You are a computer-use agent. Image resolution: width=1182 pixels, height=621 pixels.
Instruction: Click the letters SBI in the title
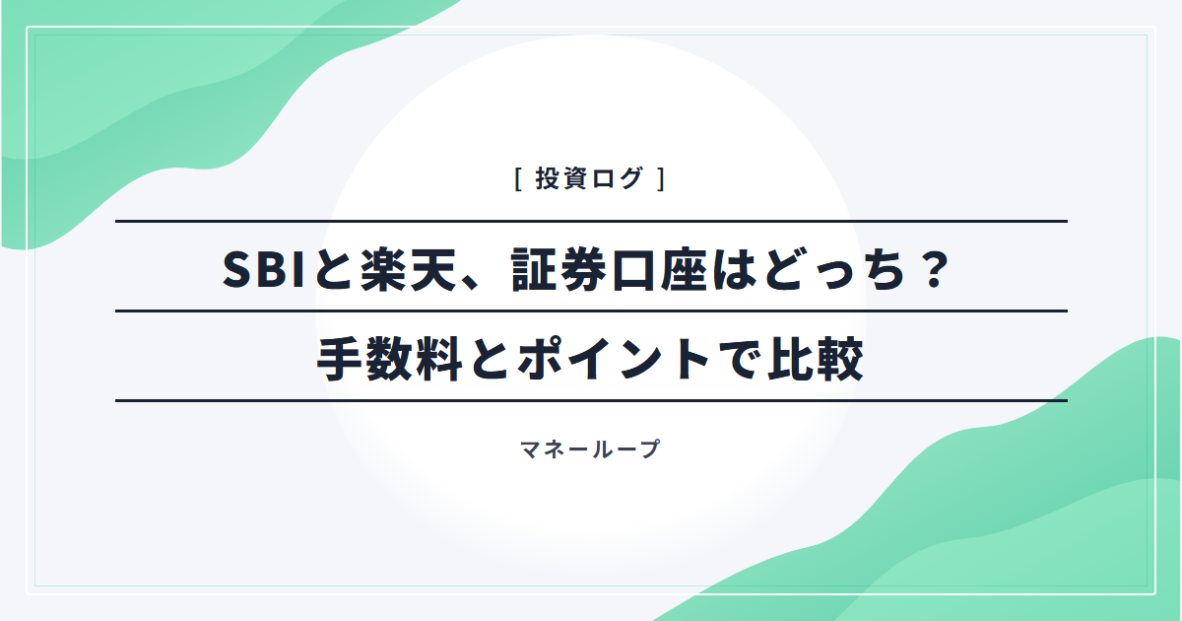(x=264, y=269)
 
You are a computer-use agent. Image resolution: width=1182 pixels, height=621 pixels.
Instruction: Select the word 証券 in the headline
(x=558, y=269)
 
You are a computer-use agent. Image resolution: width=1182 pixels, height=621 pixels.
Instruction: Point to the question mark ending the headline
(x=935, y=269)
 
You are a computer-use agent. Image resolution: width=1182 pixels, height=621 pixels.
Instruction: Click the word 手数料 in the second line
(x=389, y=359)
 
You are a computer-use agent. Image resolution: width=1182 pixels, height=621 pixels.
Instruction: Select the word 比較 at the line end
(x=816, y=359)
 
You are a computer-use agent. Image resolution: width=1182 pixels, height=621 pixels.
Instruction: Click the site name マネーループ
(x=590, y=449)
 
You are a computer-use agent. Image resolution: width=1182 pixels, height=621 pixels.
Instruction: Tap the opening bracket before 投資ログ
(x=519, y=178)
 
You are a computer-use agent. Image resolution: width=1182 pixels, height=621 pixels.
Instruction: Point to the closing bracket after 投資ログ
(x=661, y=178)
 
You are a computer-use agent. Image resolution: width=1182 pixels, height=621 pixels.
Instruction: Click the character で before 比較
(x=737, y=359)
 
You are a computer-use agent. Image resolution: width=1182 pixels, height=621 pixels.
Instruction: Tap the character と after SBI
(x=333, y=269)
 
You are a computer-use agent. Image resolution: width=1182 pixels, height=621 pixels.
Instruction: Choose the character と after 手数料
(x=490, y=359)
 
